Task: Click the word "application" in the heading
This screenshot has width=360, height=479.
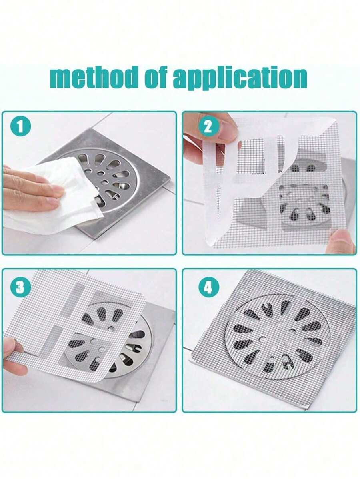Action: (x=240, y=79)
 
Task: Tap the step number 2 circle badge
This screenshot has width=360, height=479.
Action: (x=208, y=127)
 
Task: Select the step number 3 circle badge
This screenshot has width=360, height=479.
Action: (x=20, y=287)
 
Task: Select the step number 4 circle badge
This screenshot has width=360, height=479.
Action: (x=208, y=287)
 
